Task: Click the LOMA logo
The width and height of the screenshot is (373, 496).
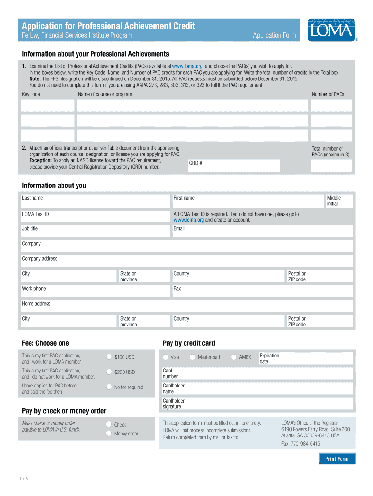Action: click(331, 30)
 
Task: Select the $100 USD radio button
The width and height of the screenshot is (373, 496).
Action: click(109, 357)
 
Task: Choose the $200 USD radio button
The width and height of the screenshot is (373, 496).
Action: click(109, 372)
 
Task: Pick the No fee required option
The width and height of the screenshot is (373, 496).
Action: click(109, 387)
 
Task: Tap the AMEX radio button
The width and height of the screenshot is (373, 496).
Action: click(233, 357)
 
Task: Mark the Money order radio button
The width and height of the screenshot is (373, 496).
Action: click(109, 434)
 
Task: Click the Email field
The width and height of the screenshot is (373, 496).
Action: click(262, 231)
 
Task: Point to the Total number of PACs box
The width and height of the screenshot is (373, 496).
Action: click(332, 166)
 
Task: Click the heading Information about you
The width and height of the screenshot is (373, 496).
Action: click(54, 186)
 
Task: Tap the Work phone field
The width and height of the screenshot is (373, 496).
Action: click(95, 291)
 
